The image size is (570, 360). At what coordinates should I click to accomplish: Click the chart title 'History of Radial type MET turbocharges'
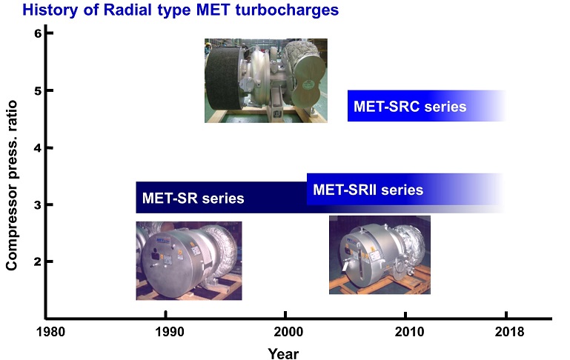181,10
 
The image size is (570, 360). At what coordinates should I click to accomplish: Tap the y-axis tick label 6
38,33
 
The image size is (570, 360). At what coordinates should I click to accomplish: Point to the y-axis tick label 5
38,90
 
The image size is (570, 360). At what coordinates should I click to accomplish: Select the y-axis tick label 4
38,148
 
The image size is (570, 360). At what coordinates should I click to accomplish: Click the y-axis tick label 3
38,205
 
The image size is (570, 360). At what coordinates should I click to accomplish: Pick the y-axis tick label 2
38,261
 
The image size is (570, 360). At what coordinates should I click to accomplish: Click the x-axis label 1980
50,332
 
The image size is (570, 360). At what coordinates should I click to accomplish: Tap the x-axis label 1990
170,332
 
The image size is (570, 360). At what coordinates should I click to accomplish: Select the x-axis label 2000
288,332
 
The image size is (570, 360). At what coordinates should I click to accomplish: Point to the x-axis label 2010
409,332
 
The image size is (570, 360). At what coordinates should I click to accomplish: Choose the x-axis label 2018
510,332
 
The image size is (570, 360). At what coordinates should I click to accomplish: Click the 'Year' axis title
283,353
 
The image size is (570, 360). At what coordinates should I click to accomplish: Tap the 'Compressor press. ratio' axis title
12,185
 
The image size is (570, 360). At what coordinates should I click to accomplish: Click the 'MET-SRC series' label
410,107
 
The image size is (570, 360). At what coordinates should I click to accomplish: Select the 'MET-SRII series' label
368,190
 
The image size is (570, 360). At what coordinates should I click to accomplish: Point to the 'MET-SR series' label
193,199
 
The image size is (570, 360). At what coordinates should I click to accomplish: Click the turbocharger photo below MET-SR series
189,261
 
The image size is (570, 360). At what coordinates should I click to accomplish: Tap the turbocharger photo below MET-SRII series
380,255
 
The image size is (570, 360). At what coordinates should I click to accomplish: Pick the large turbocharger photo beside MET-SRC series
266,81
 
